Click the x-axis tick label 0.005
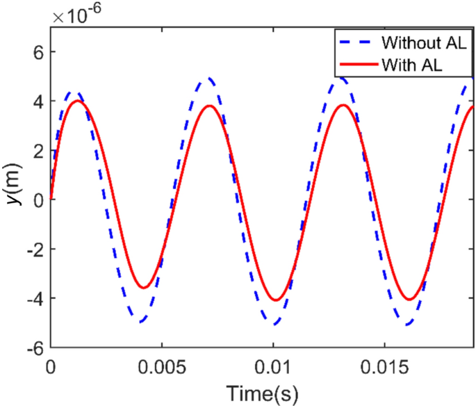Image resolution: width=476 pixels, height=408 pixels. (162, 366)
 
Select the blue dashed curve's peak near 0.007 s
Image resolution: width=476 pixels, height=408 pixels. (208, 79)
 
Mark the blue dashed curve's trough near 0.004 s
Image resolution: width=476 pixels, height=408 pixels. (140, 322)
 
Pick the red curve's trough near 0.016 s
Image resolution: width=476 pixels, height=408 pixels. (410, 300)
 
